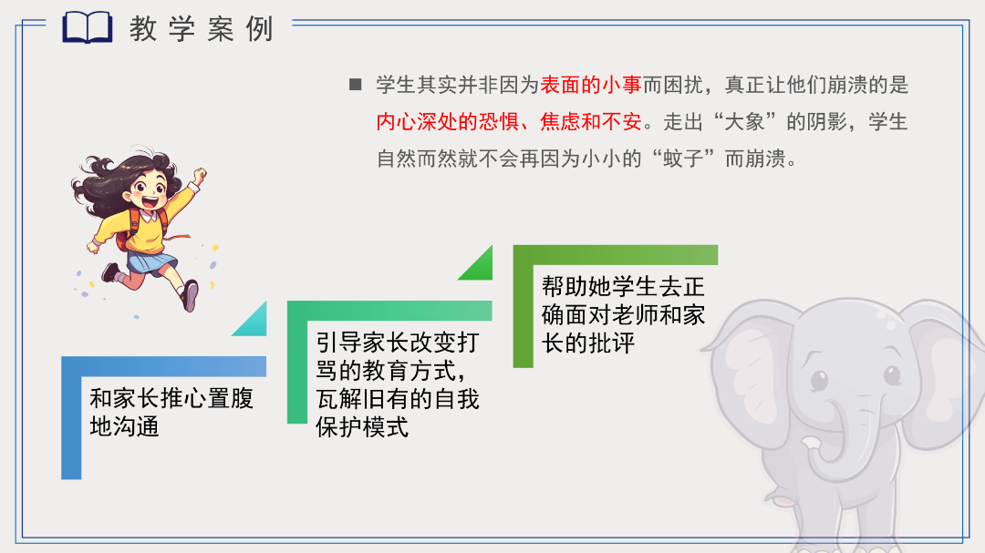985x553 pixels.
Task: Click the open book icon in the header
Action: (88, 27)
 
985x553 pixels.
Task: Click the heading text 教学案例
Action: (202, 29)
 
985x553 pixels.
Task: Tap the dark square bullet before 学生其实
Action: (356, 84)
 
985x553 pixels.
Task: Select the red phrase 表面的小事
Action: (590, 85)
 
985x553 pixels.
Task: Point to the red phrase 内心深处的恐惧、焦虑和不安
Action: (509, 121)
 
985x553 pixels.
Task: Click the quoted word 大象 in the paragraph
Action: (744, 121)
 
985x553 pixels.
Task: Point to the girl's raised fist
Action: (200, 175)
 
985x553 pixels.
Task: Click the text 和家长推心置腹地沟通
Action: (171, 412)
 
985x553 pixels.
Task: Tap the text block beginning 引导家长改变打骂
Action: (397, 384)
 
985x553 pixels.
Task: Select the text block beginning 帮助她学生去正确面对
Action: (623, 314)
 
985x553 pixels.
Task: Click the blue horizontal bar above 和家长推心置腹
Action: (164, 366)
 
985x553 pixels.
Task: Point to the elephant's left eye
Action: (819, 380)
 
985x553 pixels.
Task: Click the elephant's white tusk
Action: (811, 445)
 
